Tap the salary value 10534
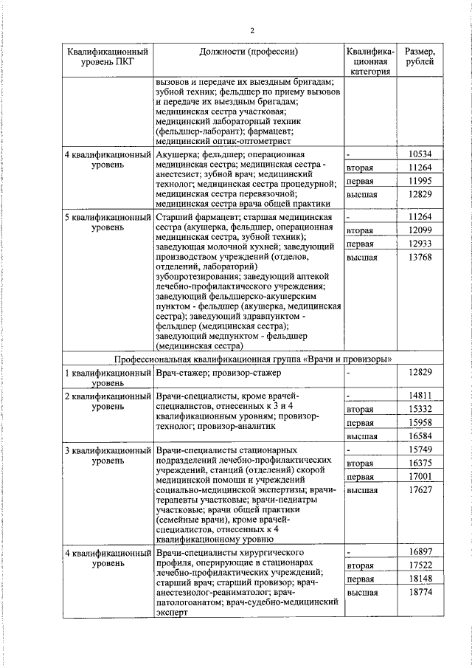(x=419, y=154)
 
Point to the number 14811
(x=419, y=395)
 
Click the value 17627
(x=419, y=490)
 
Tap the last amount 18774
(x=419, y=593)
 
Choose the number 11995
(x=419, y=181)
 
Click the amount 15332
(x=419, y=408)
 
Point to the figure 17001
(x=419, y=477)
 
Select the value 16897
(x=419, y=552)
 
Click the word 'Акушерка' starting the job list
(x=176, y=154)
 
